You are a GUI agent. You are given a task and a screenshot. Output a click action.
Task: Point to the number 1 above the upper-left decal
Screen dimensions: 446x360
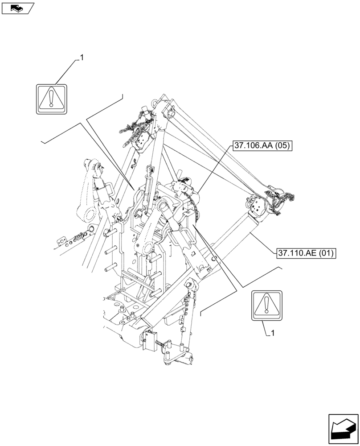(x=82, y=58)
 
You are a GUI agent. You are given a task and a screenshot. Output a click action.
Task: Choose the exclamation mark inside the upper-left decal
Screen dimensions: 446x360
(x=51, y=98)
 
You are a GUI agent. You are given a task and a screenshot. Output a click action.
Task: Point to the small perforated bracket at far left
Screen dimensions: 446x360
(x=62, y=241)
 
